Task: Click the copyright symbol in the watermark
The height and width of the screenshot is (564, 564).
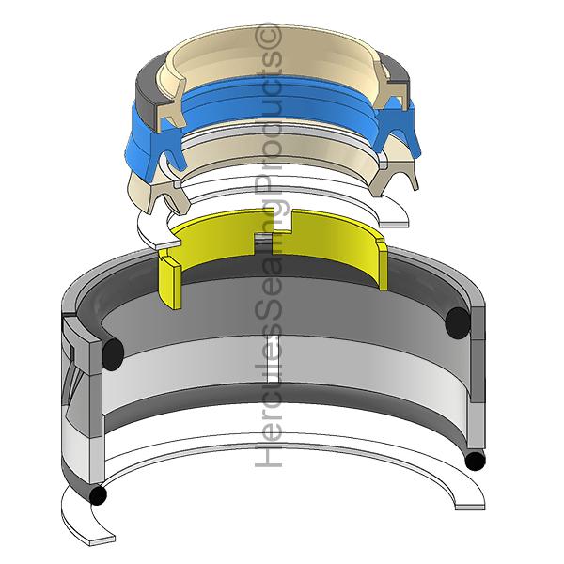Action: [x=268, y=36]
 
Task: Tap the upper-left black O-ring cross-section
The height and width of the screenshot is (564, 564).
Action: [x=113, y=354]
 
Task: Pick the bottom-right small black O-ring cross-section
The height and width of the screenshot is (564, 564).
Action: [x=475, y=462]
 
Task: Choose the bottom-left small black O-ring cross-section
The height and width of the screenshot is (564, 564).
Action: [x=98, y=495]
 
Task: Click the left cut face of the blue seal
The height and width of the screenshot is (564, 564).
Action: [x=170, y=147]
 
